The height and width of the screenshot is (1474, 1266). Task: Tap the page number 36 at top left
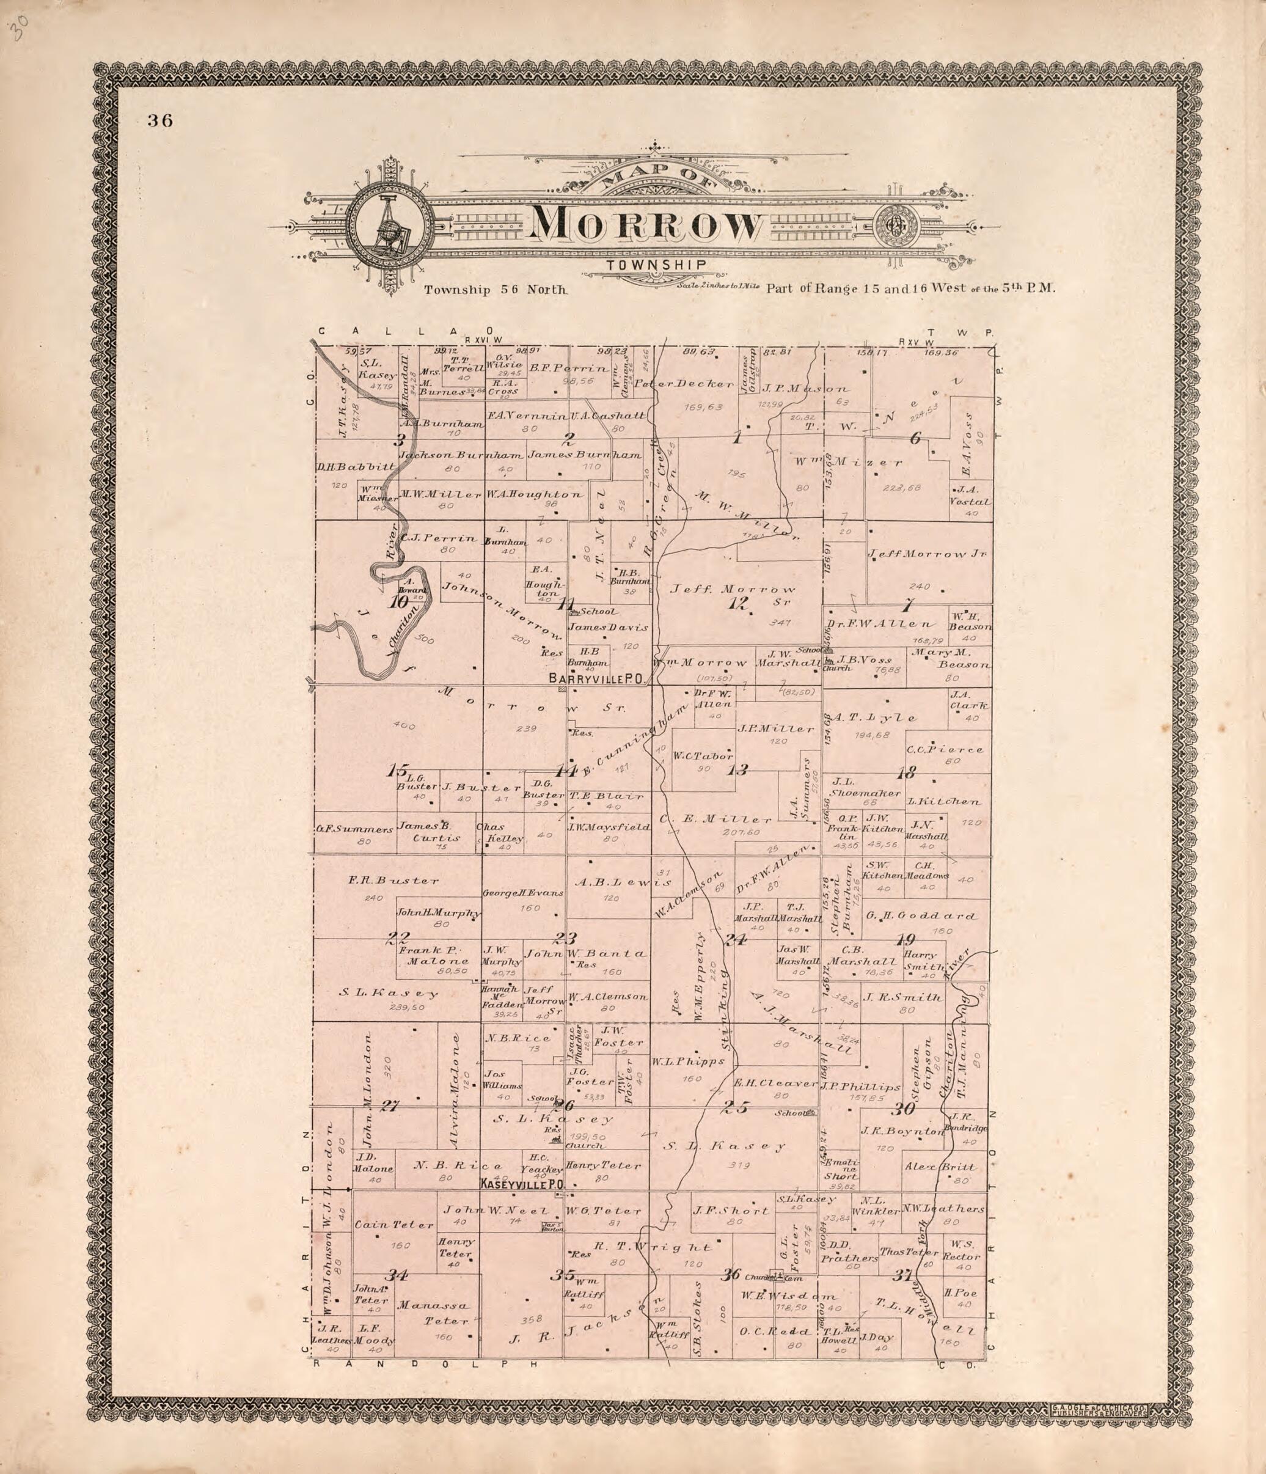pos(160,120)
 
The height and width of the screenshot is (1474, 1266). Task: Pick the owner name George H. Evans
pos(523,893)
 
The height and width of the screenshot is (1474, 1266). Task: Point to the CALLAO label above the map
pos(406,331)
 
